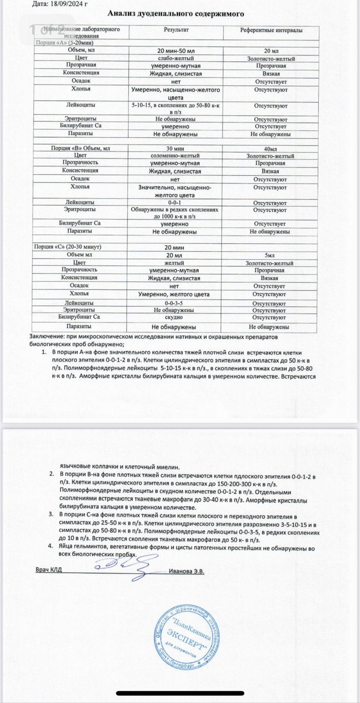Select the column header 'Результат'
click(x=176, y=30)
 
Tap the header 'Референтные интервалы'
click(x=271, y=30)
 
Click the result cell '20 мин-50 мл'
click(x=176, y=51)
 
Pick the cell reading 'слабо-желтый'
click(x=176, y=59)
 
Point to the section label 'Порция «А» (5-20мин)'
click(x=64, y=43)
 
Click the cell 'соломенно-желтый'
click(x=176, y=156)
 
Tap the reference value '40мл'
click(x=271, y=148)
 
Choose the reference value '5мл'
click(x=271, y=255)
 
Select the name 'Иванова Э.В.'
click(x=187, y=571)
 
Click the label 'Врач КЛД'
click(x=49, y=570)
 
